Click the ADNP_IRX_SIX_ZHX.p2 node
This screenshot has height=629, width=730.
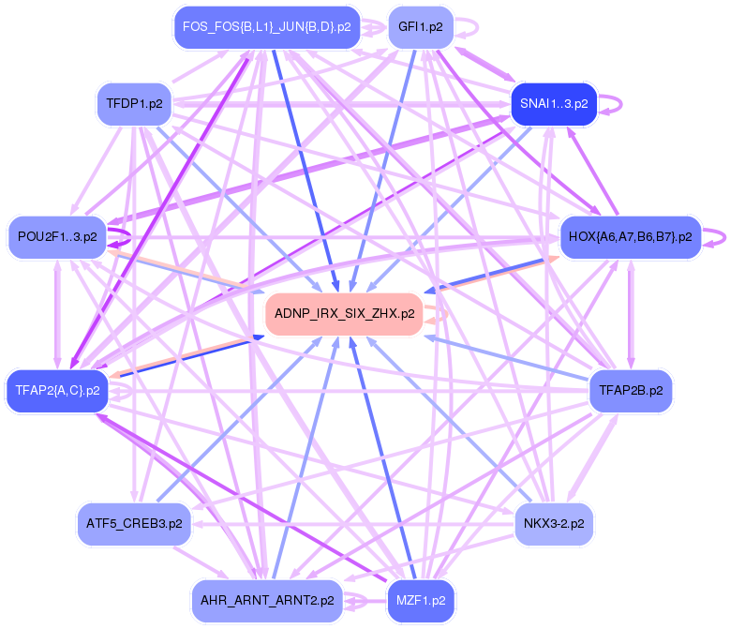tap(344, 314)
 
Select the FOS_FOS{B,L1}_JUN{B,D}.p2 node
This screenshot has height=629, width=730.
tap(266, 27)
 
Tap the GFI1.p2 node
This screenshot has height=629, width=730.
tap(421, 27)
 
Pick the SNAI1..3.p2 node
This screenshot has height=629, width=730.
tap(552, 103)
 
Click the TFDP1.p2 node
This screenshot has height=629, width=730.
tap(134, 103)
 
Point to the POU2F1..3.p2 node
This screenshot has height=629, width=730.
tap(57, 237)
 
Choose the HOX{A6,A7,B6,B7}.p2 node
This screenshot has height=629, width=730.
tap(630, 237)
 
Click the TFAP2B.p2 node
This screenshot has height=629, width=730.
tap(630, 390)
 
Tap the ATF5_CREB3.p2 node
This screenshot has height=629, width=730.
tap(134, 523)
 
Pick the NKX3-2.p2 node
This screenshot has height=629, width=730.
tap(553, 523)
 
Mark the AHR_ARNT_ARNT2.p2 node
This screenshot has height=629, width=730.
tap(267, 600)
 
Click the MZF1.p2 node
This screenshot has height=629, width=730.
tap(421, 600)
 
